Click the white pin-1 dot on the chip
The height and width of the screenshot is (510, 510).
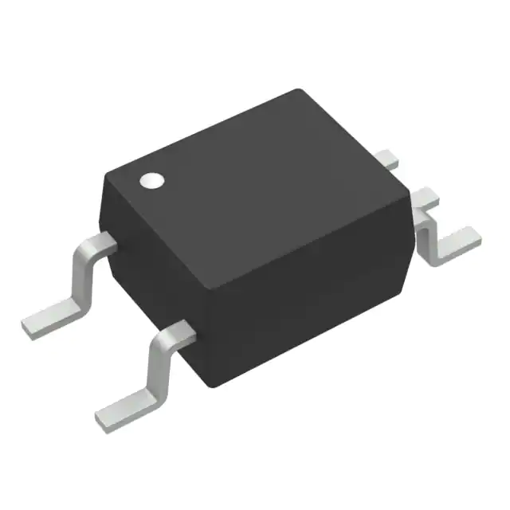point(151,181)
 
